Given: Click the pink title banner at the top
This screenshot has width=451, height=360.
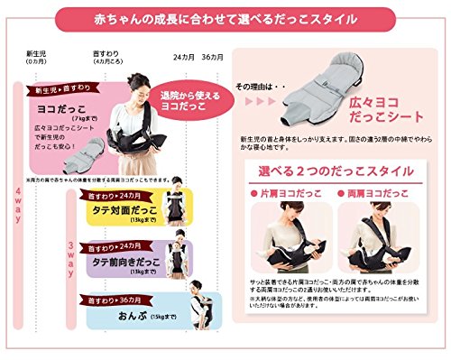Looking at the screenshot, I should [x=225, y=17].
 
